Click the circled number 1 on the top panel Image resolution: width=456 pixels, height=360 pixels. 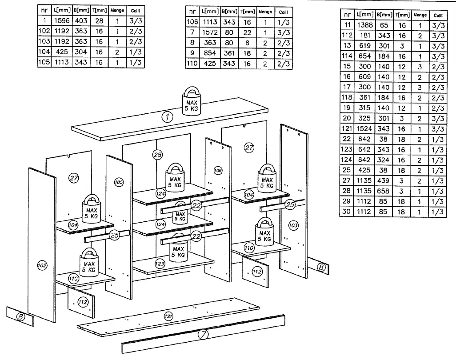167,117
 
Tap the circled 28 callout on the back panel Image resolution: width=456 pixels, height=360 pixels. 157,155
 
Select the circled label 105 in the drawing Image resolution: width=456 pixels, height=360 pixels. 119,183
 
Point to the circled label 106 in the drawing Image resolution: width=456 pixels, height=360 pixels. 218,171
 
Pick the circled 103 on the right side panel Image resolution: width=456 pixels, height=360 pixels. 293,225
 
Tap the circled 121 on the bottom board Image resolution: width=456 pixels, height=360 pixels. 168,316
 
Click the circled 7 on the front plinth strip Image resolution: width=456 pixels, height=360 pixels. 203,333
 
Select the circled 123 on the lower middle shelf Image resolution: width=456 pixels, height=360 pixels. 160,264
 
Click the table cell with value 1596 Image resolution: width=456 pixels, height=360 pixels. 61,20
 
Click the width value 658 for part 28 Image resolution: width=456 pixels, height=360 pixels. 384,191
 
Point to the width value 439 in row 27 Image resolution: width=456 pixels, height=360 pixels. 384,181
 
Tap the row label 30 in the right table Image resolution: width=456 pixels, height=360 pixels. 347,212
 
